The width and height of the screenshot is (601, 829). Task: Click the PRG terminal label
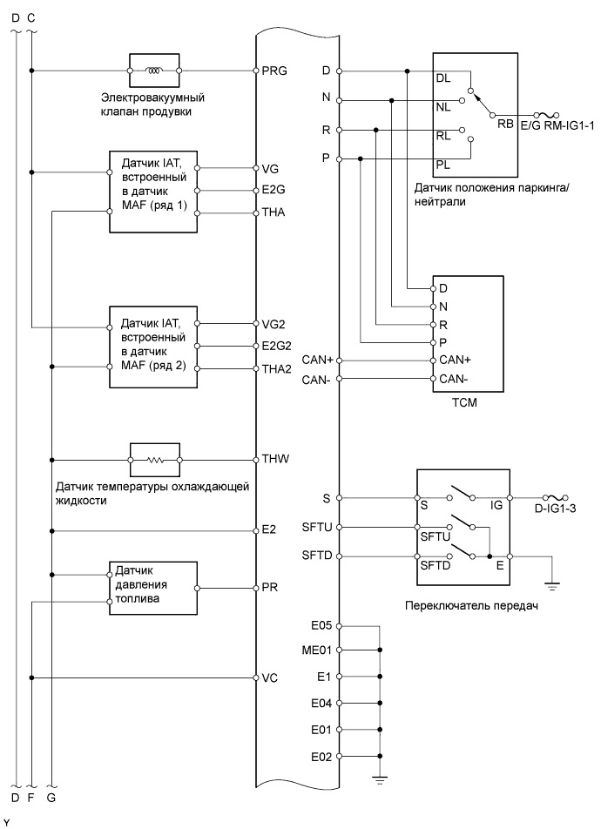coord(274,70)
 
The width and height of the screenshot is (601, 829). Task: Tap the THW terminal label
coord(276,458)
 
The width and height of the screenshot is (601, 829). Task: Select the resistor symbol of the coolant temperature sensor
coord(154,458)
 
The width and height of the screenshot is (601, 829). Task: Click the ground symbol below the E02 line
coord(381,779)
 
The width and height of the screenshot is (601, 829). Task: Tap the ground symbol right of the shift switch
coord(552,584)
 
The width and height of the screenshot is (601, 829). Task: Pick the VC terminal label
coord(270,677)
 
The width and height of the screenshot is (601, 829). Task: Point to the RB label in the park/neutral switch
coord(505,124)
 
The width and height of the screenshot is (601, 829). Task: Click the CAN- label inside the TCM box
coord(453,380)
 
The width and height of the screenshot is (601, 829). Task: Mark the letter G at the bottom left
coord(51,796)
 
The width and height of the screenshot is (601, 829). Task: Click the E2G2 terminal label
coord(278,345)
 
